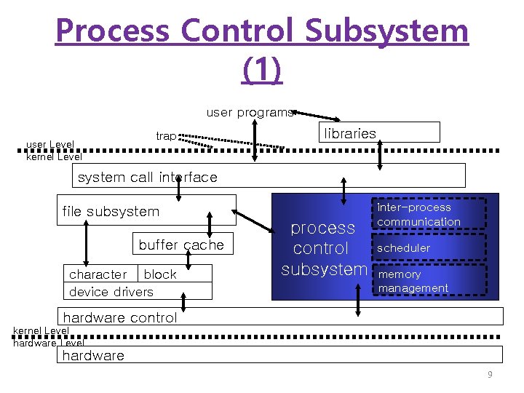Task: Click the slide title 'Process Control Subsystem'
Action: pos(262,31)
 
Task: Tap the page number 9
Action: pos(490,375)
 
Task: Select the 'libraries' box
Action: pos(379,132)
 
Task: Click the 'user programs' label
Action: pos(250,112)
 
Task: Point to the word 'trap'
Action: pos(166,136)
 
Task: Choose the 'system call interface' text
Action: pos(147,177)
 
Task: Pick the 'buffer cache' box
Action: pos(181,245)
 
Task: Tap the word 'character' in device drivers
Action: pos(98,274)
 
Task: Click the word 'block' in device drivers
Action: pos(160,274)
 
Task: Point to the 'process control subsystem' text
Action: pos(323,248)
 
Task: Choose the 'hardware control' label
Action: pos(120,317)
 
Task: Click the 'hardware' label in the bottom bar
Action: pos(93,355)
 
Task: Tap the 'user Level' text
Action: pos(50,144)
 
